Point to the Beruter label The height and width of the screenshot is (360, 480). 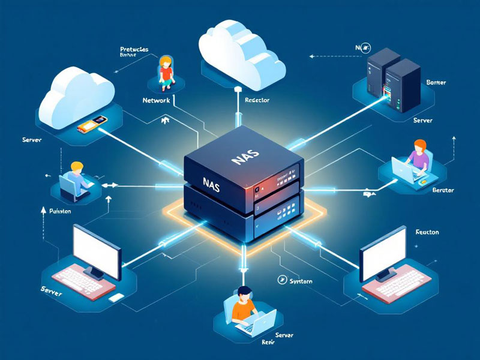(x=443, y=190)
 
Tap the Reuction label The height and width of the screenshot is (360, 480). (x=427, y=232)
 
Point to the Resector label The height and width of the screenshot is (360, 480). (x=257, y=101)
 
